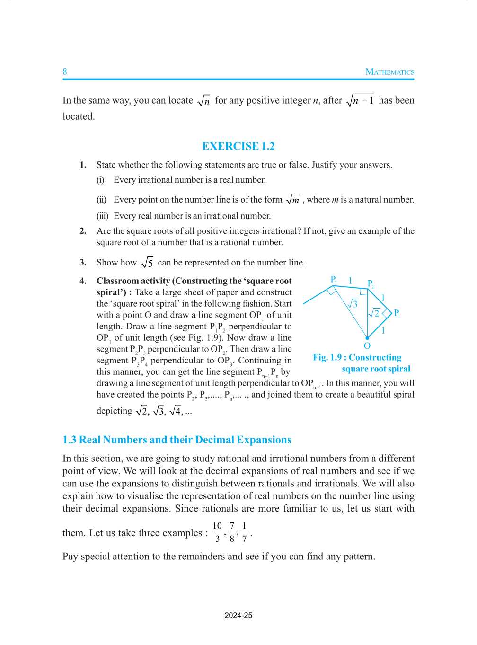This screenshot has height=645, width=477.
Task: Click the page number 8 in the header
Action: point(65,72)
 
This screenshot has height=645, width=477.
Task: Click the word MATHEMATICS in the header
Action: point(389,72)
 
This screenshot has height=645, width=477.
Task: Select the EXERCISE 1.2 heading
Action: point(238,146)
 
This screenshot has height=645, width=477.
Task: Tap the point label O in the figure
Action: point(367,346)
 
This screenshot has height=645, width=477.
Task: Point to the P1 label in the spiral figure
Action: point(397,313)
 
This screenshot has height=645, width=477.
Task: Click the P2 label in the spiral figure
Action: point(371,284)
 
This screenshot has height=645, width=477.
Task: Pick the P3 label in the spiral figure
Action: point(334,280)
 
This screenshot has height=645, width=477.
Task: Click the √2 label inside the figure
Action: point(374,313)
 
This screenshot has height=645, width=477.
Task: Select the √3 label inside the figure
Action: point(353,304)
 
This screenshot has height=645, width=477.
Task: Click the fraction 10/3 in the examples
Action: point(217,532)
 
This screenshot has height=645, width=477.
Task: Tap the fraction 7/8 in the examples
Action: point(232,532)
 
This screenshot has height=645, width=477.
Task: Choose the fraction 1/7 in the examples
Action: point(244,532)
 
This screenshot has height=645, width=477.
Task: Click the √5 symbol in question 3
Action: point(147,263)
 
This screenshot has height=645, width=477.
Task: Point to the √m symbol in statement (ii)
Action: point(293,200)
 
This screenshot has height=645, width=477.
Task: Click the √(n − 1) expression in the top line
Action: point(360,100)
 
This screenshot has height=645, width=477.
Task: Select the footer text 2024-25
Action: point(238,616)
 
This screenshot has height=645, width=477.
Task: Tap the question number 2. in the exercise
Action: point(83,231)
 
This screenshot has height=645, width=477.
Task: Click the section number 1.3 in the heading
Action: point(69,440)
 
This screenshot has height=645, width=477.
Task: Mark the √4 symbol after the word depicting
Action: point(175,411)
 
